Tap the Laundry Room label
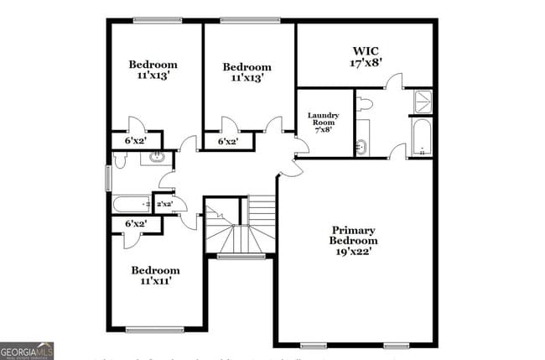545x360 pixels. [x=323, y=123]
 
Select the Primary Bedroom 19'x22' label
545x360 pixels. [x=353, y=240]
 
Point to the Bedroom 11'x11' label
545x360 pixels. [x=155, y=275]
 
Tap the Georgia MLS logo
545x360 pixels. [x=27, y=350]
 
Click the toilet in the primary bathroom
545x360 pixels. [x=364, y=104]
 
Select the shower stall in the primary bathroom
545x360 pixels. [x=422, y=101]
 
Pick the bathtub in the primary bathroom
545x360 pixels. [x=421, y=137]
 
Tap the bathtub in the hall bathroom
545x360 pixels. [x=132, y=204]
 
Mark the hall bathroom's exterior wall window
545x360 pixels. [x=108, y=178]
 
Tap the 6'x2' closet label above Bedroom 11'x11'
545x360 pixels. [x=135, y=224]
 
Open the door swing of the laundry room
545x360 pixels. [x=300, y=146]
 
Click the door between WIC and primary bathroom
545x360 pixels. [x=393, y=82]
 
